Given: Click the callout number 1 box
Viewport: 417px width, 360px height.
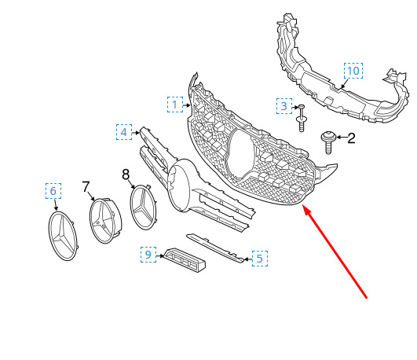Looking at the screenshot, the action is pyautogui.click(x=175, y=105).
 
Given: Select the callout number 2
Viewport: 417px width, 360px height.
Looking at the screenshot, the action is pyautogui.click(x=351, y=138).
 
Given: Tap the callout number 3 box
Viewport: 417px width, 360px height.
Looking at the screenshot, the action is pyautogui.click(x=284, y=106).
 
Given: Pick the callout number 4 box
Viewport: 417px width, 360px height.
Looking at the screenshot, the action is pyautogui.click(x=124, y=132).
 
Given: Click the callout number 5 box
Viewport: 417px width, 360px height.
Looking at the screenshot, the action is pyautogui.click(x=260, y=259).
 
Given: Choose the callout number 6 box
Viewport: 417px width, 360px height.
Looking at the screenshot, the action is pyautogui.click(x=53, y=191).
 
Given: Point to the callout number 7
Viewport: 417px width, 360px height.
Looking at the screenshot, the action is pyautogui.click(x=86, y=186).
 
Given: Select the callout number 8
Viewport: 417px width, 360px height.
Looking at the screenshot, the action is pyautogui.click(x=126, y=174).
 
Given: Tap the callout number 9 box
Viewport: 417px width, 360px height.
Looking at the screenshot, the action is pyautogui.click(x=148, y=255).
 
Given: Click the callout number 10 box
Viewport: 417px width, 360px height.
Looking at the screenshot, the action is pyautogui.click(x=353, y=71).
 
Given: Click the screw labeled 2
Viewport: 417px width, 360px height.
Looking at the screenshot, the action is pyautogui.click(x=328, y=142).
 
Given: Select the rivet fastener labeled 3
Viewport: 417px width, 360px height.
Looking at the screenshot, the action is pyautogui.click(x=302, y=118).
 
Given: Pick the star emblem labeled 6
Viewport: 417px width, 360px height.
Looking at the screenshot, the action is pyautogui.click(x=62, y=236).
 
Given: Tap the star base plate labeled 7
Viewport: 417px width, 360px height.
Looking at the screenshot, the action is pyautogui.click(x=105, y=221).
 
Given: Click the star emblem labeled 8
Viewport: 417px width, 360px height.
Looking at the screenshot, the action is pyautogui.click(x=143, y=207).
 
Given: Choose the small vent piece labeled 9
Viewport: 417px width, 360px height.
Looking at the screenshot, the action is pyautogui.click(x=185, y=260).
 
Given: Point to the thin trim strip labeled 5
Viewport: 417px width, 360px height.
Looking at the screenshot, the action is pyautogui.click(x=215, y=248).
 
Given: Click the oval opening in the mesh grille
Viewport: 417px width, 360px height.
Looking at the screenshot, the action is pyautogui.click(x=241, y=155).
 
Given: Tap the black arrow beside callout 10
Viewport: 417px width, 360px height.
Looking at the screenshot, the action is pyautogui.click(x=344, y=83).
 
